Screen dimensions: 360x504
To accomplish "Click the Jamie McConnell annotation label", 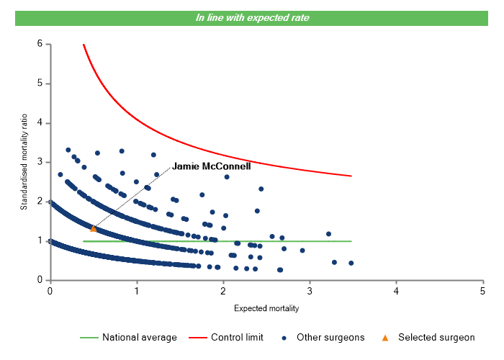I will [211, 166].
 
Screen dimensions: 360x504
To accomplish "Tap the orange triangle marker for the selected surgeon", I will [93, 228].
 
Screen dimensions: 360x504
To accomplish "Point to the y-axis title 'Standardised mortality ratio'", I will [24, 162].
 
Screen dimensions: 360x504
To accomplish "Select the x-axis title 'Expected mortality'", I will [266, 308].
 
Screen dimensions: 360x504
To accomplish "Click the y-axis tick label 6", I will [40, 45].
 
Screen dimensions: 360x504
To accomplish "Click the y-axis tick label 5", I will [40, 84].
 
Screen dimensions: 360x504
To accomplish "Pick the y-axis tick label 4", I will [40, 123].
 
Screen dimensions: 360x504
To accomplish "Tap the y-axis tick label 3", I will [40, 163].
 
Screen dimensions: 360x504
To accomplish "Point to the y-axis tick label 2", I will [40, 202].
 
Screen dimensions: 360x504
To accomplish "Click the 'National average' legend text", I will [139, 337].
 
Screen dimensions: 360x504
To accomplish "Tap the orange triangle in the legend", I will [385, 337].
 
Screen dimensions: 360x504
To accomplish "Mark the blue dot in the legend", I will [286, 337].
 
